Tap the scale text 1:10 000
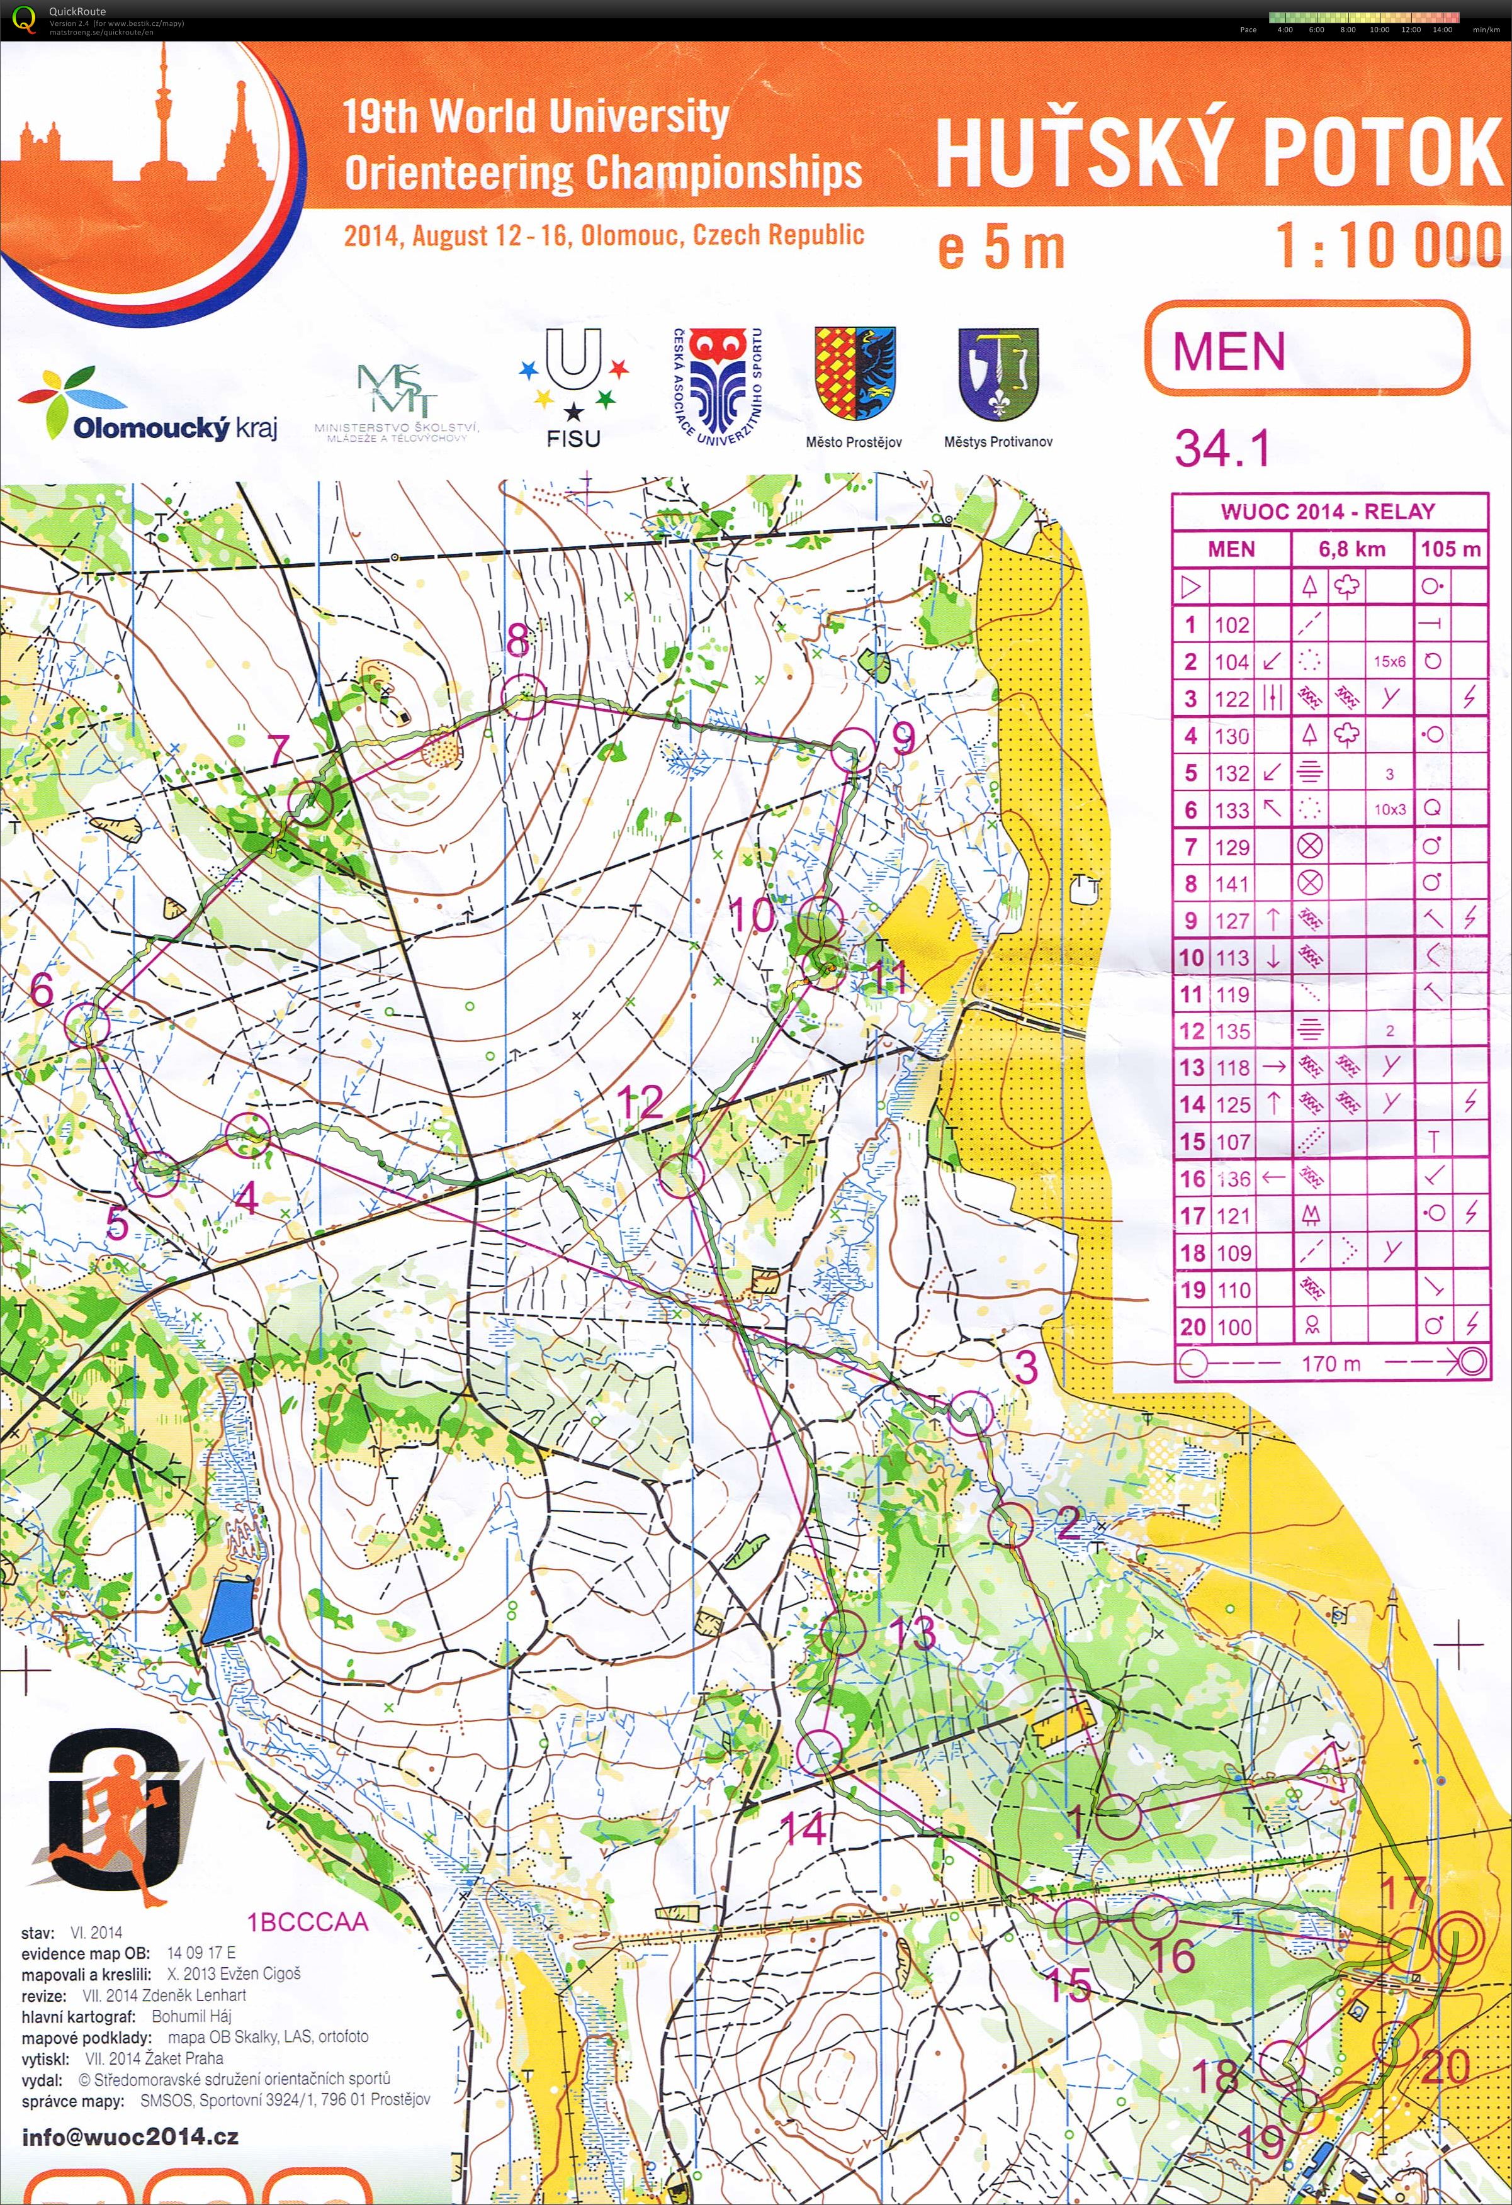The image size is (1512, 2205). coord(1387,245)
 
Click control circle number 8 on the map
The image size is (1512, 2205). coord(524,697)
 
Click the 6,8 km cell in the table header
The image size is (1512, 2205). coord(1351,548)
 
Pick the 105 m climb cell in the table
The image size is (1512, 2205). coord(1450,548)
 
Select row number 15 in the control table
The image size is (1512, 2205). coord(1192,1142)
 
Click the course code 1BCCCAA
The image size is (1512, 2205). coord(308,1923)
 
